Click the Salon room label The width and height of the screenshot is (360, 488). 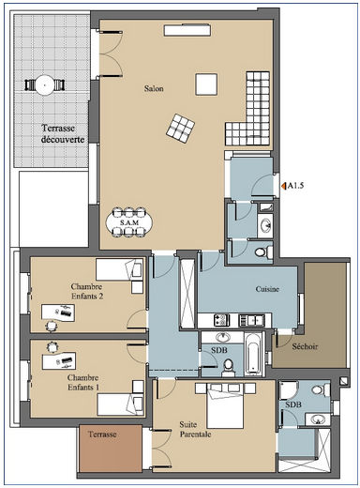click(x=154, y=88)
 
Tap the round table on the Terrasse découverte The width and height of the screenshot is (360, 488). click(x=45, y=84)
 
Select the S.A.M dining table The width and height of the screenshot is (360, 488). click(x=129, y=222)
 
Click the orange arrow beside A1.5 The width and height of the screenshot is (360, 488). click(x=284, y=186)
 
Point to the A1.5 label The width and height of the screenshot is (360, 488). click(x=295, y=186)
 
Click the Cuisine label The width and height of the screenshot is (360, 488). click(x=267, y=289)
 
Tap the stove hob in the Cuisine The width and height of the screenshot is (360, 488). click(x=221, y=320)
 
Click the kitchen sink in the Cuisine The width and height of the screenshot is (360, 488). click(x=251, y=320)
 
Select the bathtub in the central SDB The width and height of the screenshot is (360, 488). click(x=252, y=354)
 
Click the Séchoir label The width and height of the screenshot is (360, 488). click(x=305, y=346)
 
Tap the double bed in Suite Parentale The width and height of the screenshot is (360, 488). click(x=225, y=405)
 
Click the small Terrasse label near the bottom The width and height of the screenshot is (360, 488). click(x=102, y=435)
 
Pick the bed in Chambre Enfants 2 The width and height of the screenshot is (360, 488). click(x=120, y=269)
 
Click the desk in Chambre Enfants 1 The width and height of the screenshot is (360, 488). click(x=59, y=361)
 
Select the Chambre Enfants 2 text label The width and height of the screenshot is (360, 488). click(x=87, y=291)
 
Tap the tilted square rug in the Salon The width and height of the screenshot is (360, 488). click(x=180, y=129)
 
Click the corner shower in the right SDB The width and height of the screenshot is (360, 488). click(x=288, y=390)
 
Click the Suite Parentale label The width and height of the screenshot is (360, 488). click(x=195, y=430)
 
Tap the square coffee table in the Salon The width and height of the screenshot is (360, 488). click(x=206, y=84)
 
